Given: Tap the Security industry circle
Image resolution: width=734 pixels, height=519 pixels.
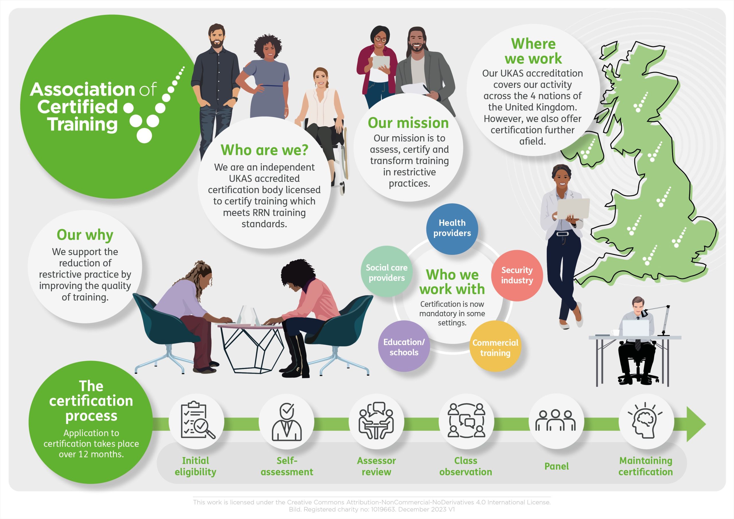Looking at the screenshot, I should point(517,275).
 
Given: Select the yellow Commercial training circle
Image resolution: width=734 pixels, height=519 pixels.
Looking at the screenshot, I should point(495,348).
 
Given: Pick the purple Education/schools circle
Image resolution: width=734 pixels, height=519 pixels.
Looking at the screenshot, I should point(404,347).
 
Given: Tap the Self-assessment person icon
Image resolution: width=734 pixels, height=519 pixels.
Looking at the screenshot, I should point(286,421).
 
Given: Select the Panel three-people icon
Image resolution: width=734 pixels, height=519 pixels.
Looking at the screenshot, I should point(556,421).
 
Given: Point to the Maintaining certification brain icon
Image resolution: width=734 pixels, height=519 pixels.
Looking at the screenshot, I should point(646,421).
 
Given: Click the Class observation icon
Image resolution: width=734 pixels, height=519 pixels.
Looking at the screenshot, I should point(466,421).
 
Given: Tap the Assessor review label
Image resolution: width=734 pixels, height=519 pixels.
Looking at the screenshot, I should point(376,466).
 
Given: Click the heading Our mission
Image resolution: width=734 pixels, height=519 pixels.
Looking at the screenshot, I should point(408,123).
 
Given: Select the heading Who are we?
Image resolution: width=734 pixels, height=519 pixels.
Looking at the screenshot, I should point(264,150).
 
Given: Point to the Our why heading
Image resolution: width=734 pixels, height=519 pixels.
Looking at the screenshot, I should point(85,235).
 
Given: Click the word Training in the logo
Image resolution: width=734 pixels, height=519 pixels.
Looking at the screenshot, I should point(83,125).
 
